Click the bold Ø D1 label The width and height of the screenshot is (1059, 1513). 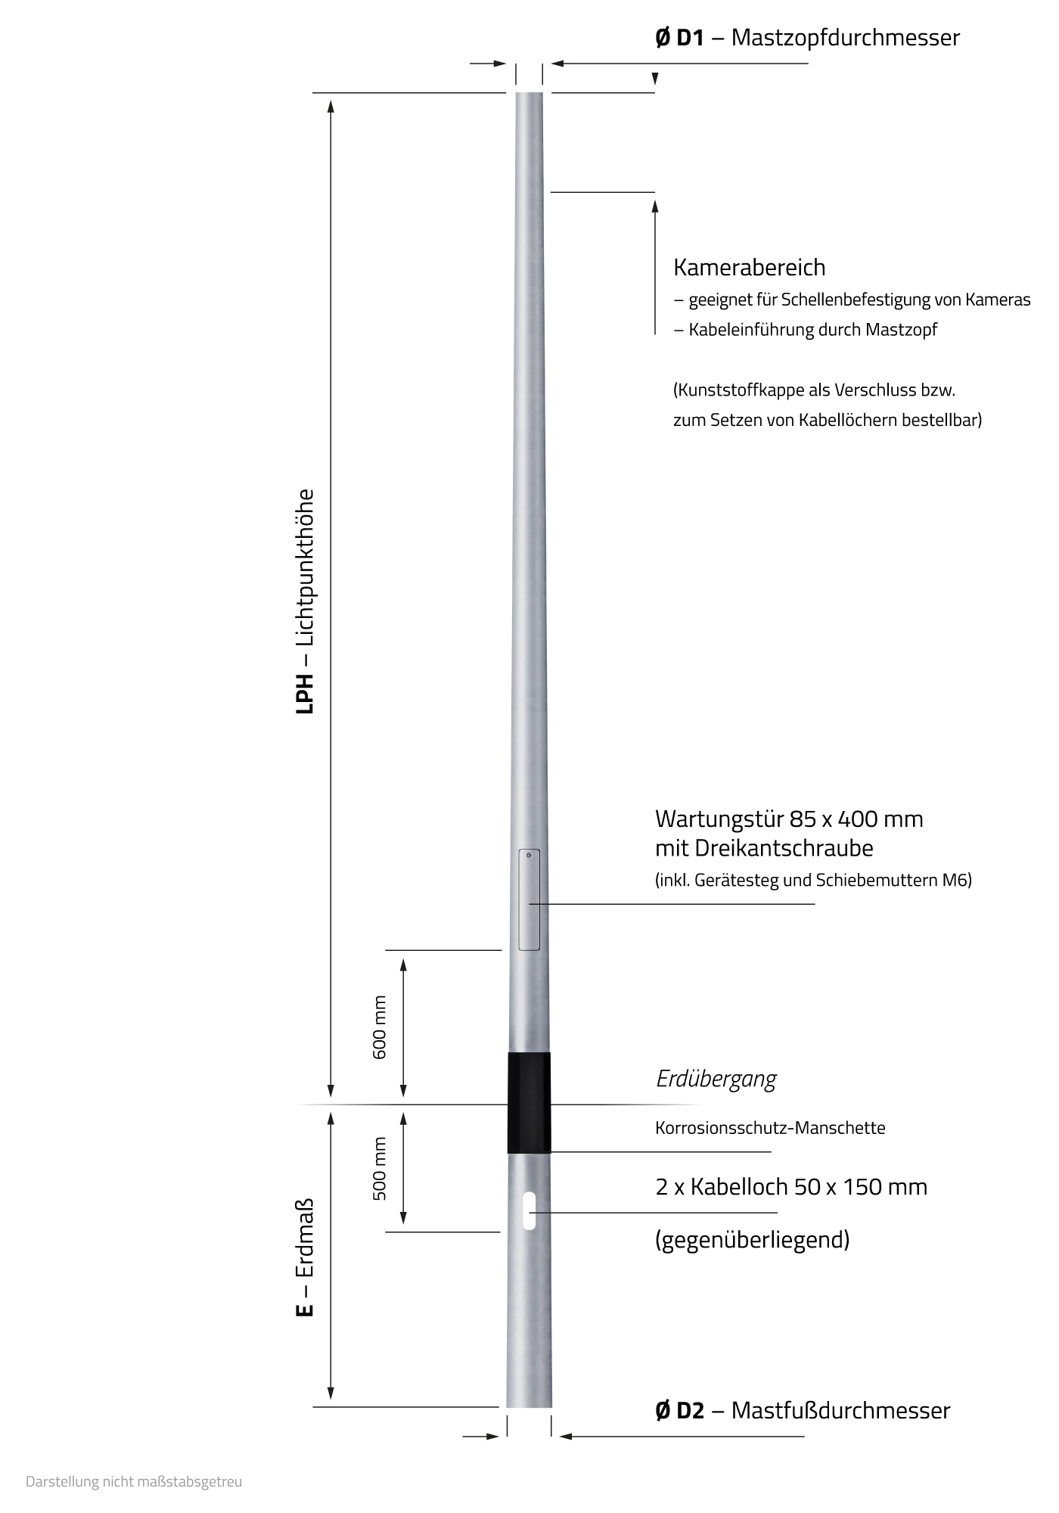679,38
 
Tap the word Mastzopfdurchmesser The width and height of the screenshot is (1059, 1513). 845,38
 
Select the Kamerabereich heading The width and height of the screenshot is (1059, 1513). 749,268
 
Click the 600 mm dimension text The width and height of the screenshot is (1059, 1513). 380,1027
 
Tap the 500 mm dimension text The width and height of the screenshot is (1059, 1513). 380,1168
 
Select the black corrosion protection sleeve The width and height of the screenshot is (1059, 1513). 529,1102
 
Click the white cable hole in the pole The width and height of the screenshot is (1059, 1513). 529,1211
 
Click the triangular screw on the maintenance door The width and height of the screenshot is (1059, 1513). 529,856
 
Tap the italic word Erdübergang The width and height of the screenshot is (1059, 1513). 716,1079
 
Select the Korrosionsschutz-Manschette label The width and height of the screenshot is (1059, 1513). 770,1128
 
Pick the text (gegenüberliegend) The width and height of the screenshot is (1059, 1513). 752,1239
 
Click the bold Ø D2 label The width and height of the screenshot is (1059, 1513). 679,1411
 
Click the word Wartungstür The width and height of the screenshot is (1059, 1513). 718,819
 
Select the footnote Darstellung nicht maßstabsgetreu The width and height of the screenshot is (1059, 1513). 134,1481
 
